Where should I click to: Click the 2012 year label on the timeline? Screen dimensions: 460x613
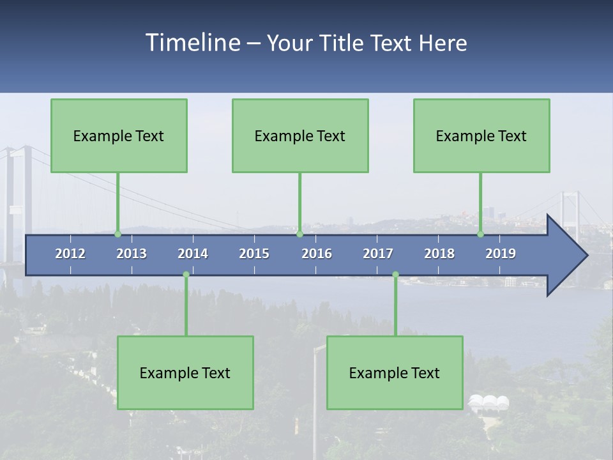coord(70,254)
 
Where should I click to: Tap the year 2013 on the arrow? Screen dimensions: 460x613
coord(132,254)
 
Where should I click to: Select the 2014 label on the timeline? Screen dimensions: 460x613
coord(193,254)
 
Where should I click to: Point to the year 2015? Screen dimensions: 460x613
coord(254,254)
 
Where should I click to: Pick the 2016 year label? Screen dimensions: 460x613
coord(317,254)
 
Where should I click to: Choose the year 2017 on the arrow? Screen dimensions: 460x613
coord(378,254)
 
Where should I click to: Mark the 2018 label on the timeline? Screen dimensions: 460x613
coord(439,254)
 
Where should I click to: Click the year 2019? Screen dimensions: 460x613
coord(501,254)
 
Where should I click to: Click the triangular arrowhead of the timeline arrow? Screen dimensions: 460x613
coord(566,256)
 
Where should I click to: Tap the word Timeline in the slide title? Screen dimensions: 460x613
coord(192,43)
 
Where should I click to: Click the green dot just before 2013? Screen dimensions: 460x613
coord(117,234)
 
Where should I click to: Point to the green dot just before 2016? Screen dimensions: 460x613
coord(299,234)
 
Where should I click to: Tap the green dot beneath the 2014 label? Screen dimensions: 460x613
coord(186,274)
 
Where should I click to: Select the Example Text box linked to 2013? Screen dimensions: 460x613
coord(119,135)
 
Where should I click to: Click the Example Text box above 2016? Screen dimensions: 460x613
coord(300,135)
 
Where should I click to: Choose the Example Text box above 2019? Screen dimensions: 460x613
coord(481,135)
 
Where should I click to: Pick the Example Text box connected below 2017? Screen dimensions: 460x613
coord(395,372)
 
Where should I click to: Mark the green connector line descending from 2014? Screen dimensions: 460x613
coord(186,305)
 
